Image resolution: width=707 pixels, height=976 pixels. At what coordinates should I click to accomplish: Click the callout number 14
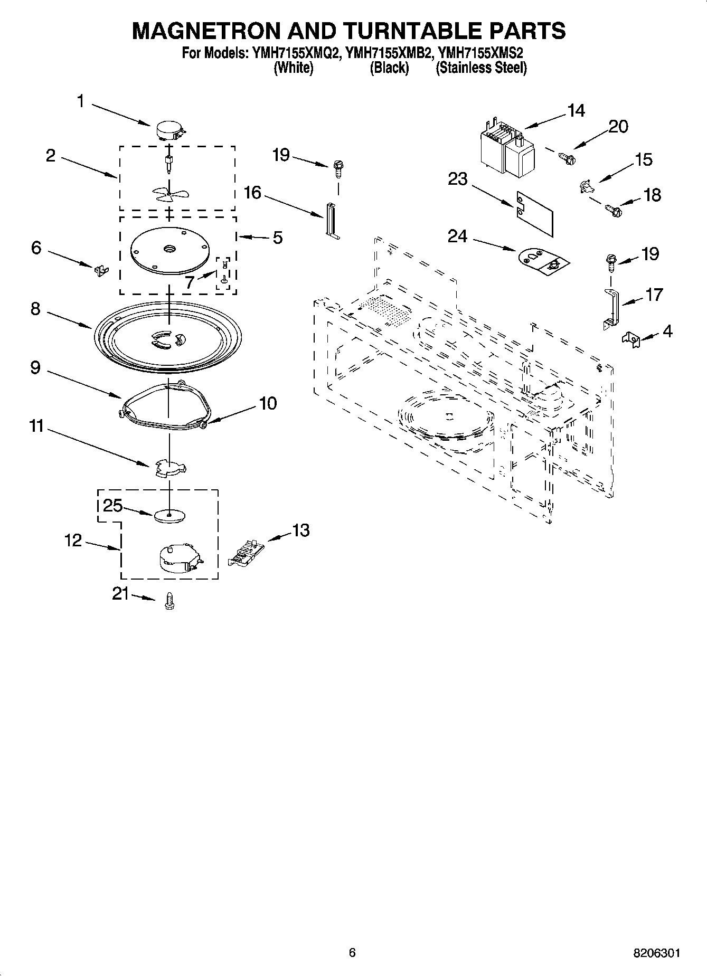(576, 111)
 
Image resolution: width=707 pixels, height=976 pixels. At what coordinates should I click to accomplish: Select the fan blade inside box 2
(168, 195)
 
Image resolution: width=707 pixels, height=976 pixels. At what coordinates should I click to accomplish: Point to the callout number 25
(112, 506)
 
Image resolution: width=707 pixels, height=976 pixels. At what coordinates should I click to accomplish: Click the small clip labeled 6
(100, 270)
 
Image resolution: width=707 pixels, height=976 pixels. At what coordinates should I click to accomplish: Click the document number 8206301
(656, 953)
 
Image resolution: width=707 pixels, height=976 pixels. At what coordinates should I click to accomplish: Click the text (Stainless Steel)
(480, 68)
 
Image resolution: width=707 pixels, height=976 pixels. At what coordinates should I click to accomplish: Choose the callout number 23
(457, 179)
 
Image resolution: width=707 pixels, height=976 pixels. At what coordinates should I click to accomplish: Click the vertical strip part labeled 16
(331, 221)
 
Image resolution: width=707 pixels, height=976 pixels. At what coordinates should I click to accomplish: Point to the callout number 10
(268, 403)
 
